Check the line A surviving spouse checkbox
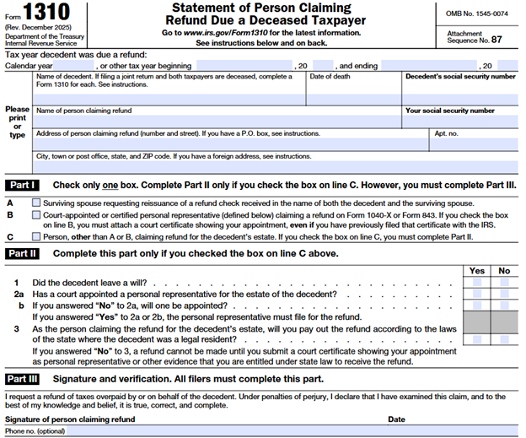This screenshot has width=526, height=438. point(35,203)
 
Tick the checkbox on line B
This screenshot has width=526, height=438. point(35,215)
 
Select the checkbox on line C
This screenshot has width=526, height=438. point(35,237)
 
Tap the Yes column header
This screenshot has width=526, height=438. point(477,271)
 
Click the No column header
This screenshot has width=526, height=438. point(505,271)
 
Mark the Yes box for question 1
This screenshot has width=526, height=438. point(477,283)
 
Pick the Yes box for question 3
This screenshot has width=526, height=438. point(477,338)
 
